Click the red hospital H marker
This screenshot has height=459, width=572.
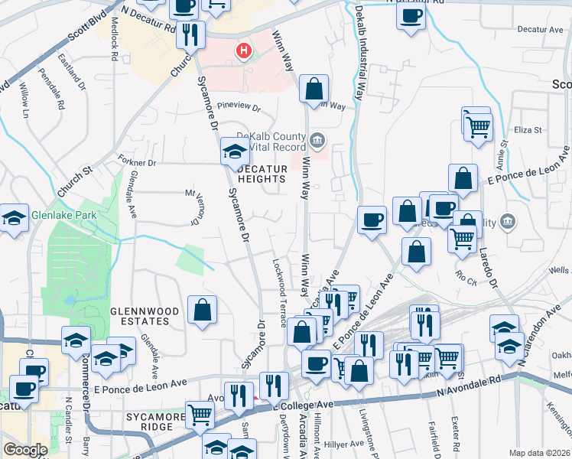pyautogui.click(x=244, y=51)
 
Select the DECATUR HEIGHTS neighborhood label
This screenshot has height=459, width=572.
pyautogui.click(x=262, y=174)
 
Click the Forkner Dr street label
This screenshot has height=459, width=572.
pyautogui.click(x=137, y=162)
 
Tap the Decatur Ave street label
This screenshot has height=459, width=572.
pyautogui.click(x=540, y=30)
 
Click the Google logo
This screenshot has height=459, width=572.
pyautogui.click(x=25, y=450)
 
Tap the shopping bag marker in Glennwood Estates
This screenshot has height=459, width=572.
pyautogui.click(x=201, y=311)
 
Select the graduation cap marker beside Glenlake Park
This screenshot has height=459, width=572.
pyautogui.click(x=12, y=219)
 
